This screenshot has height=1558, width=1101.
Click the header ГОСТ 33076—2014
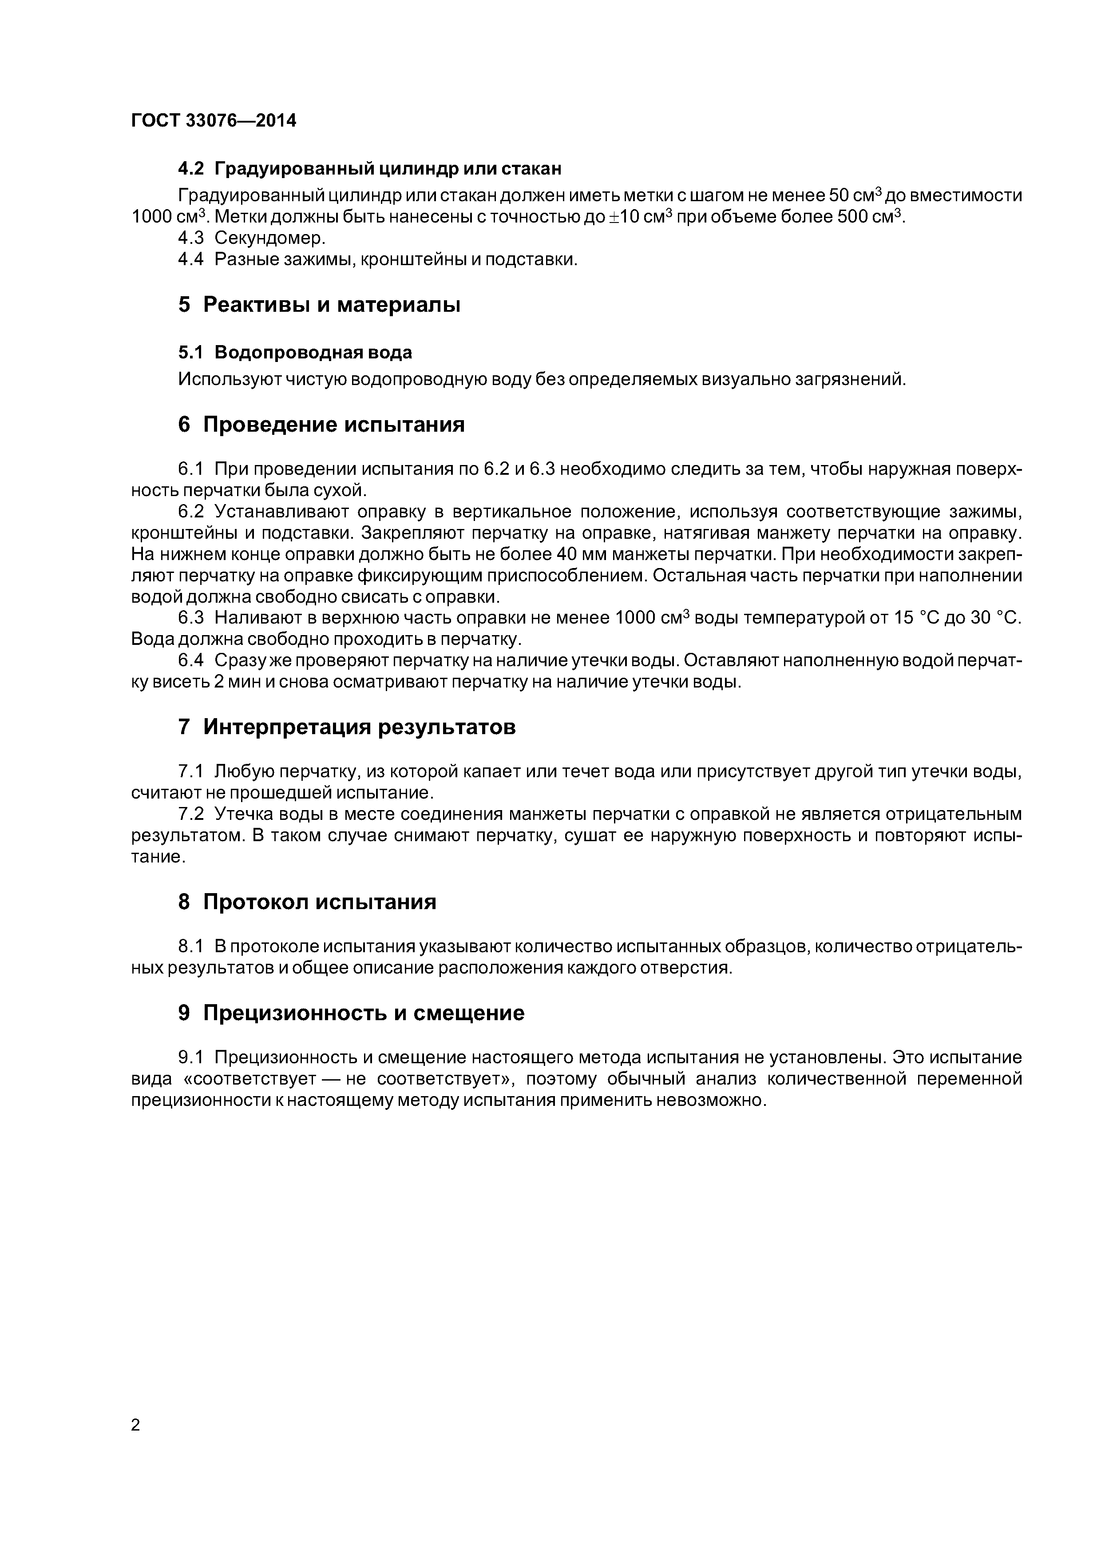pyautogui.click(x=214, y=121)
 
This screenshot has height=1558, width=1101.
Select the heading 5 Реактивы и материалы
pyautogui.click(x=319, y=305)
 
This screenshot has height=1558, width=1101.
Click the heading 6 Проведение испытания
pyautogui.click(x=321, y=425)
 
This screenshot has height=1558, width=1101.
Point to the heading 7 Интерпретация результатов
pyautogui.click(x=347, y=727)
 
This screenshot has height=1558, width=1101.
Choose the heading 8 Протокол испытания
pyautogui.click(x=307, y=902)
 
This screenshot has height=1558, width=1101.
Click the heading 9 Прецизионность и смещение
pyautogui.click(x=352, y=1013)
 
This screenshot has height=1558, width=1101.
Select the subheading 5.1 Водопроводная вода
pyautogui.click(x=295, y=353)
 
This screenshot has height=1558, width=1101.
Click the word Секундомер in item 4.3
pyautogui.click(x=270, y=238)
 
